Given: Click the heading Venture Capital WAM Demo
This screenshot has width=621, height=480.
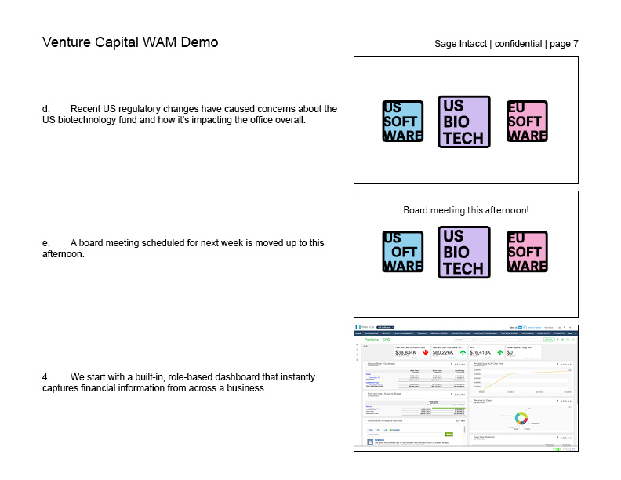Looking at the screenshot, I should [x=130, y=42].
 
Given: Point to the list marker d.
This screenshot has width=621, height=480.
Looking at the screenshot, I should [x=45, y=109].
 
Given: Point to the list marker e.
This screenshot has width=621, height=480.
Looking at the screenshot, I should [x=45, y=243].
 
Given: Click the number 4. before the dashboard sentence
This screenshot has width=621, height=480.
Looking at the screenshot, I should [x=46, y=377].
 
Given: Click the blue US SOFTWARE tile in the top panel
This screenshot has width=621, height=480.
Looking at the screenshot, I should [x=402, y=122].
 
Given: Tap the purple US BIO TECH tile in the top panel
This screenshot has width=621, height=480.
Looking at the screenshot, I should [x=464, y=122].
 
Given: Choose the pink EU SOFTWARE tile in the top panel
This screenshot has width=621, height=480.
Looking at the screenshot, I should [x=526, y=122].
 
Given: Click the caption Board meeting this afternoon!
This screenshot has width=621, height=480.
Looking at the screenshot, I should [x=466, y=210].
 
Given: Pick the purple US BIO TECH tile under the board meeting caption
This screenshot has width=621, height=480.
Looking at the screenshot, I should [x=464, y=253].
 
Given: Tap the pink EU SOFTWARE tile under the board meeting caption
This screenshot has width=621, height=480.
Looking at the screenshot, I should [x=526, y=253].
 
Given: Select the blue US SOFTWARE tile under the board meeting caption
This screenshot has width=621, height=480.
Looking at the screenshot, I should [x=402, y=253].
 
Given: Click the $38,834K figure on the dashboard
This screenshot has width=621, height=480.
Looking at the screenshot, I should [x=405, y=353].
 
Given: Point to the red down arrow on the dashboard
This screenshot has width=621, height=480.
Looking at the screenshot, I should [x=426, y=353].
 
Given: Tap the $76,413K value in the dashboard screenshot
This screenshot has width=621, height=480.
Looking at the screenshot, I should [x=481, y=353].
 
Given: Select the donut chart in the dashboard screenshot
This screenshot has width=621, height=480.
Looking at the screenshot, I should [x=521, y=418].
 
